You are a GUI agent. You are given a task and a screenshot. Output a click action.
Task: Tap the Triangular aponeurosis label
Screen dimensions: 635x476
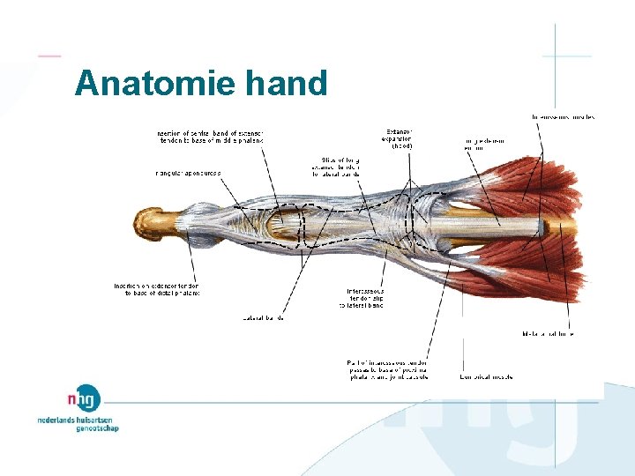189,173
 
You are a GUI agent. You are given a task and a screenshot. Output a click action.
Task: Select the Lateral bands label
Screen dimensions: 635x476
263,317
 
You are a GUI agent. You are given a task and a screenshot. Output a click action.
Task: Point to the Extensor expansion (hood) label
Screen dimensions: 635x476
400,138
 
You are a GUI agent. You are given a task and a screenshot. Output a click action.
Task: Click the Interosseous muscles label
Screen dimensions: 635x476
563,116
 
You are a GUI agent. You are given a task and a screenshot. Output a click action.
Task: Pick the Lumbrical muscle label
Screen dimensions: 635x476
486,376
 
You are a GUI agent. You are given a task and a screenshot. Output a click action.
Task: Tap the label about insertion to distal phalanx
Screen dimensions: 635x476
156,289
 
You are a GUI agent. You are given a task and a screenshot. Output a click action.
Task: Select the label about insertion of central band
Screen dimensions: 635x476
209,137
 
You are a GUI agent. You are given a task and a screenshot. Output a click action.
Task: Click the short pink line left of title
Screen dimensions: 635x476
49,56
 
